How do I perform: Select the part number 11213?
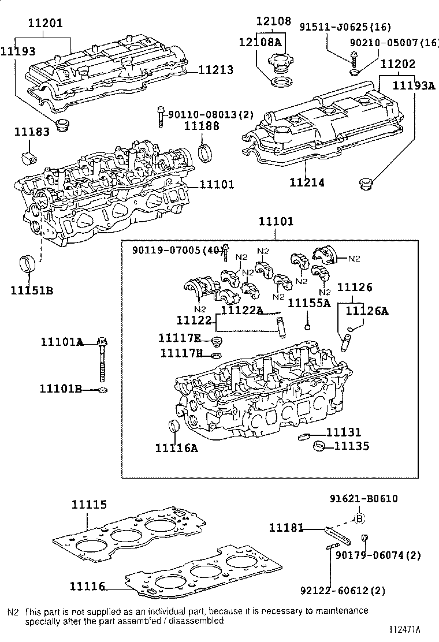pyautogui.click(x=216, y=70)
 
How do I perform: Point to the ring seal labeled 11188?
pyautogui.click(x=204, y=154)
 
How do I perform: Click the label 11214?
pyautogui.click(x=307, y=182)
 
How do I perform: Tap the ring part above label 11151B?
pyautogui.click(x=28, y=263)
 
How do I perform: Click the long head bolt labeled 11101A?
pyautogui.click(x=103, y=358)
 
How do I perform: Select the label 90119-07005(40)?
pyautogui.click(x=177, y=250)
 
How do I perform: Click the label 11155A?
pyautogui.click(x=309, y=303)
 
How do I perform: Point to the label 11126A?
pyautogui.click(x=367, y=311)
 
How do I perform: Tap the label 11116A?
pyautogui.click(x=176, y=447)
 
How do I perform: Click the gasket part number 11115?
pyautogui.click(x=89, y=504)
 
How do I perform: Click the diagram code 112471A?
pyautogui.click(x=403, y=629)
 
